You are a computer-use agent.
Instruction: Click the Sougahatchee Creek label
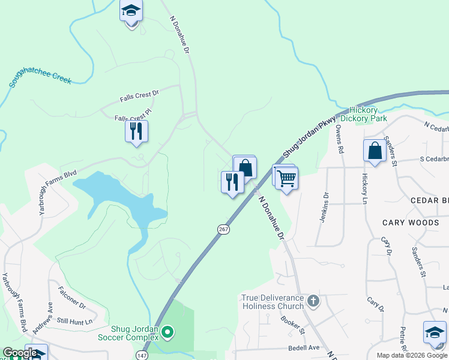pos(40,78)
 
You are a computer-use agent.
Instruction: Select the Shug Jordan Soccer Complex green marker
pos(168,331)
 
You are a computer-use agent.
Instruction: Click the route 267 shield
pos(223,229)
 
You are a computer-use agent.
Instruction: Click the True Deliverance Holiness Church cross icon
pos(313,300)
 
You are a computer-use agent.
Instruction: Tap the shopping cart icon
pos(287,178)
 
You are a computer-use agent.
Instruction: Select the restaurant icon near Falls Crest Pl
pos(136,130)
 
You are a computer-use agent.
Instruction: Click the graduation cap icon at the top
pos(131,11)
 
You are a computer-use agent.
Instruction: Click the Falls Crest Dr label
pos(139,94)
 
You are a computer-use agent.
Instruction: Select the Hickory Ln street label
pos(364,189)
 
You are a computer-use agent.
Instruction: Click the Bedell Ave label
pos(304,347)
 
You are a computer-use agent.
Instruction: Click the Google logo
pos(20,353)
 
